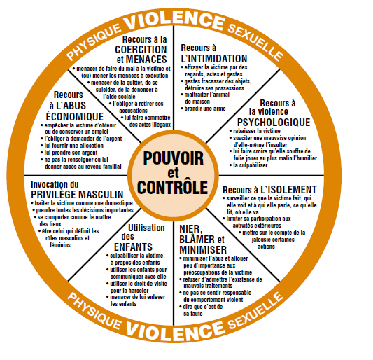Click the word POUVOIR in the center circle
(174, 158)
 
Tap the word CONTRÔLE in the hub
(172, 188)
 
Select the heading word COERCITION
(141, 50)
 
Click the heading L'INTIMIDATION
(214, 59)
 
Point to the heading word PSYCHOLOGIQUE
(274, 122)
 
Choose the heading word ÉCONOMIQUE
(75, 116)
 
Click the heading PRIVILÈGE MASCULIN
(77, 195)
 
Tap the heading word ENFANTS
(133, 247)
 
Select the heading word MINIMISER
(203, 250)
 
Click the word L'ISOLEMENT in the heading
(288, 190)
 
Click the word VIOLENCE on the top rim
(174, 19)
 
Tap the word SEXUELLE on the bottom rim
(255, 312)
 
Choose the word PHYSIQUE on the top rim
(94, 42)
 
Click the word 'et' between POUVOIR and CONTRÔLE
(173, 173)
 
